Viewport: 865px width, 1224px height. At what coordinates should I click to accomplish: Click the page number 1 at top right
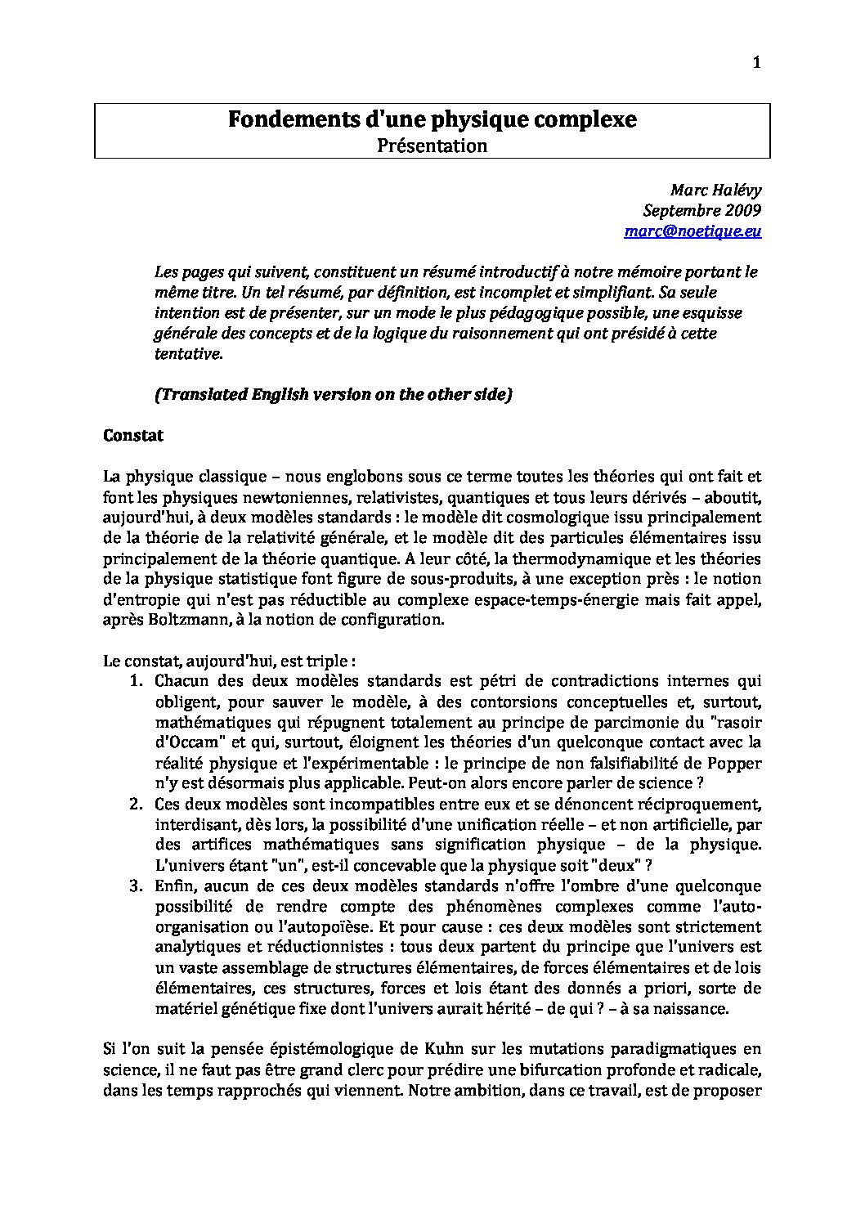pos(756,64)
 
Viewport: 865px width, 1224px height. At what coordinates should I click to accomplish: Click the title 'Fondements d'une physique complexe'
pos(432,120)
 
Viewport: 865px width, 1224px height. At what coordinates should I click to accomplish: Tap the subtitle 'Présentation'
pos(432,146)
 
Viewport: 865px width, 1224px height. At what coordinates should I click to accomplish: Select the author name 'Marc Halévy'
pos(715,190)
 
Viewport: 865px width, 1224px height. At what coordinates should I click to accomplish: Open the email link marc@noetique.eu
pos(692,231)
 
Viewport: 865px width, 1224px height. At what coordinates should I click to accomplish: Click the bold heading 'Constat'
pos(133,436)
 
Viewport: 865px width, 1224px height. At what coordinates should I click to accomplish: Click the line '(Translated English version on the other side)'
pos(334,394)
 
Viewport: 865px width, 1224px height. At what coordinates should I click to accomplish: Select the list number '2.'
pos(137,804)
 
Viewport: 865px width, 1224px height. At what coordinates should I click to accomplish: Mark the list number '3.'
pos(137,885)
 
